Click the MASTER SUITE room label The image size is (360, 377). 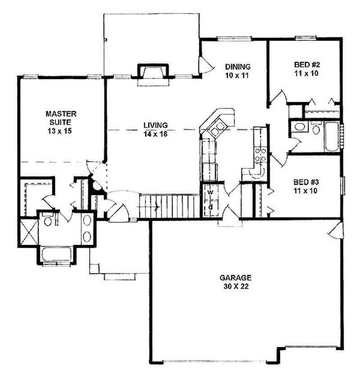pyautogui.click(x=61, y=117)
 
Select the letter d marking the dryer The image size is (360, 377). pyautogui.click(x=210, y=207)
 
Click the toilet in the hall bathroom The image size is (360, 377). pyautogui.click(x=315, y=130)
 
